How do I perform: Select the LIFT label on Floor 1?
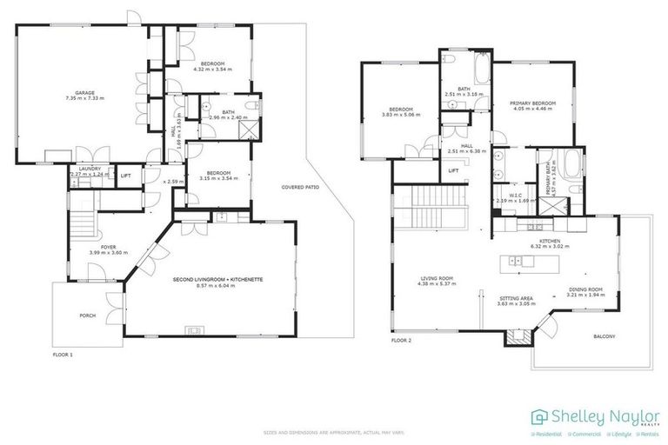click(x=126, y=175)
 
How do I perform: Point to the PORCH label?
click(x=87, y=315)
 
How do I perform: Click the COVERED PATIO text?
click(x=297, y=187)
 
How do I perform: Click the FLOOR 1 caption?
click(x=63, y=355)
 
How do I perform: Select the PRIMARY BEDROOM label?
click(x=532, y=103)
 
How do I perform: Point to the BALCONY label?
click(x=605, y=335)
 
